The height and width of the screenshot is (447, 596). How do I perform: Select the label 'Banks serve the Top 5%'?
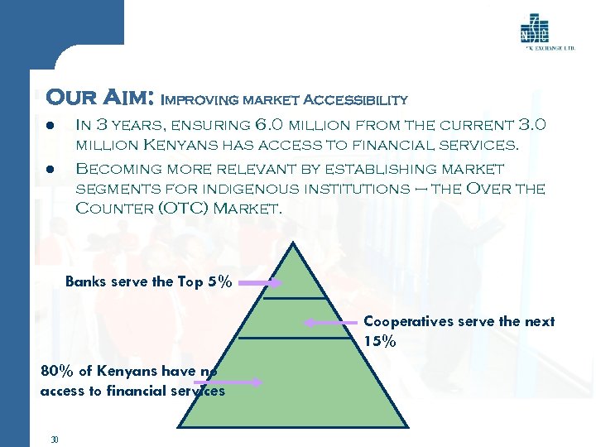pyautogui.click(x=148, y=281)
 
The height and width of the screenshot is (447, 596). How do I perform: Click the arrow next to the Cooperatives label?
pyautogui.click(x=330, y=323)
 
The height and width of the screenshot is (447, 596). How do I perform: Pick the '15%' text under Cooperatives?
pyautogui.click(x=380, y=339)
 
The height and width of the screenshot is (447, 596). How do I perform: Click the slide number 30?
pyautogui.click(x=54, y=439)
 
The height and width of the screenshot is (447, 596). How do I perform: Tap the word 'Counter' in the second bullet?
pyautogui.click(x=112, y=208)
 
